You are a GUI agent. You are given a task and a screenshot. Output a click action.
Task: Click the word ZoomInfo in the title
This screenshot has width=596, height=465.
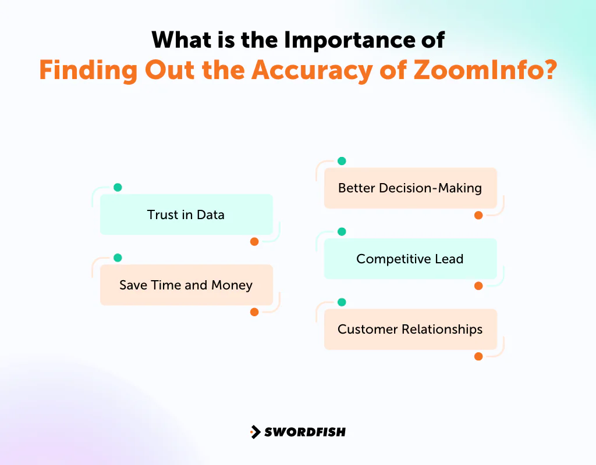coord(485,70)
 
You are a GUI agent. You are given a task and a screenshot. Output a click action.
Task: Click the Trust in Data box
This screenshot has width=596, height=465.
coord(186,214)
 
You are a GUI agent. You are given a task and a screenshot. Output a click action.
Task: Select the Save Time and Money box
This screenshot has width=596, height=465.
coord(186,285)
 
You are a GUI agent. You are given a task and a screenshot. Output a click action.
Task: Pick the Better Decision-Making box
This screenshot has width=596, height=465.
coord(410,188)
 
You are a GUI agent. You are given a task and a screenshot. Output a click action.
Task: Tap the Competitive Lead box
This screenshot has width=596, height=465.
coord(410,259)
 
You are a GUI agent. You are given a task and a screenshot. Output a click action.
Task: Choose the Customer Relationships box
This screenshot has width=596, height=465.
coord(410,329)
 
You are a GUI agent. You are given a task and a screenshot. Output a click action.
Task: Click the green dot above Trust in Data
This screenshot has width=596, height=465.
coord(118,187)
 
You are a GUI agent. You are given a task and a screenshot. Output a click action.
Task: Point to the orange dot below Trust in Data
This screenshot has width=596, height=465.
coord(254,241)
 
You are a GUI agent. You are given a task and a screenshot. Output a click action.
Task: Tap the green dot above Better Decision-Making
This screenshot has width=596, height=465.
coord(342,161)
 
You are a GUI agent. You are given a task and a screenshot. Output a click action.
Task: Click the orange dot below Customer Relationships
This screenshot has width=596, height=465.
coord(478,356)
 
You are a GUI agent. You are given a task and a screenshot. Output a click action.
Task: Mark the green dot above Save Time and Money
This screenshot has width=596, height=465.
coord(118,257)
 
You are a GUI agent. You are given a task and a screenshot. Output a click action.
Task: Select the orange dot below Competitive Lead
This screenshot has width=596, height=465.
coord(478,286)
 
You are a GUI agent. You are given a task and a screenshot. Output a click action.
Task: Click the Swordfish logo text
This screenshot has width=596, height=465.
coord(305,432)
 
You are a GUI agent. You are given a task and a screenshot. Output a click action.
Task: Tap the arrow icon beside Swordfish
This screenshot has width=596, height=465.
coord(256,432)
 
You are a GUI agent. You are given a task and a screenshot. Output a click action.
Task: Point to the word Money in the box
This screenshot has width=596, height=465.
coord(232,285)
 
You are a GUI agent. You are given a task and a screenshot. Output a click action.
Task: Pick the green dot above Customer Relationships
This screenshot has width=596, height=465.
coord(342,302)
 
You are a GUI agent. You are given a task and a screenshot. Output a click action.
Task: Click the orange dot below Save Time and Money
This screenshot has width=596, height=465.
coord(254,312)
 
